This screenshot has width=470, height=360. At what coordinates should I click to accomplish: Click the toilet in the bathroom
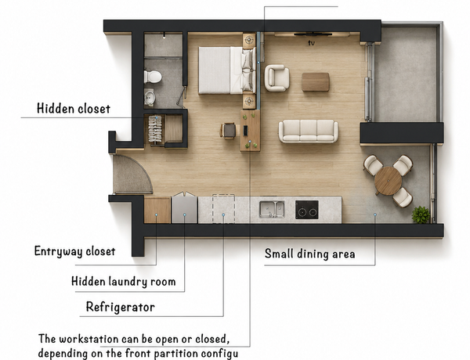coord(153,77)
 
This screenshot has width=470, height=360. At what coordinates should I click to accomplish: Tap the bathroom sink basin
coord(150,97)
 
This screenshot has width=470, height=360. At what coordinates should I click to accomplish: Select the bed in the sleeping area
coord(227,70)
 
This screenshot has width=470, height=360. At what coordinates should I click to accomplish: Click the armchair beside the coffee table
coord(277,78)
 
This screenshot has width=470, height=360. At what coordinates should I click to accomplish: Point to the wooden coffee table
coord(316,81)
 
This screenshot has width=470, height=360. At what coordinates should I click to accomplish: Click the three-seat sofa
coord(309,131)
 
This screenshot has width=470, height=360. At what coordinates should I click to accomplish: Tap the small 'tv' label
coord(312,43)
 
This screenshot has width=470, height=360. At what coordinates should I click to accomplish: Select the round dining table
coord(389,181)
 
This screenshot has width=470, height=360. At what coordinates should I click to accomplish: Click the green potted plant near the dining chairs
coord(421,214)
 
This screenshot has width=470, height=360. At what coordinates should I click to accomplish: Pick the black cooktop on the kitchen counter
coord(306,210)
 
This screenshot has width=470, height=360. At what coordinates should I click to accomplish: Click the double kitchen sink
coord(272,210)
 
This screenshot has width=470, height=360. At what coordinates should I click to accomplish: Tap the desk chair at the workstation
coord(229,131)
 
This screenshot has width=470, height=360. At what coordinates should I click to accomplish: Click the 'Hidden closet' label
coord(74,109)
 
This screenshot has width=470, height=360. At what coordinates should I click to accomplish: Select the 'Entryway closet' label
coord(74,251)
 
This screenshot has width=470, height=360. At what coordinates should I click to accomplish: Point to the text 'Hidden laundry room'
coord(124,282)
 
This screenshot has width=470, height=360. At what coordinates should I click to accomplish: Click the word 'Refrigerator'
coord(121,307)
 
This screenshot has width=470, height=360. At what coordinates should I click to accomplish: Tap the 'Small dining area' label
coord(310,254)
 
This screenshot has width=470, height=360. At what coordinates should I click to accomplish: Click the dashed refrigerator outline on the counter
coord(223,208)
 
